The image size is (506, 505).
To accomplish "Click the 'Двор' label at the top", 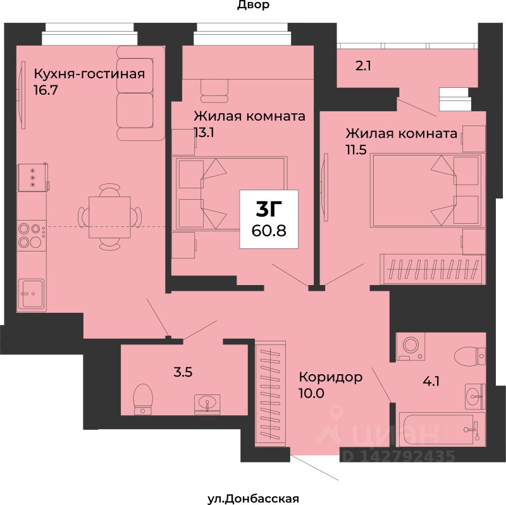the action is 254,6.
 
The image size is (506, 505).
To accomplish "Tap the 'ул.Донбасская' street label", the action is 253,499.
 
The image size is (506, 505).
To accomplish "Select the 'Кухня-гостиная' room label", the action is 89,74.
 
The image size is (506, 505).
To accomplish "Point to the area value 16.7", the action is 46,90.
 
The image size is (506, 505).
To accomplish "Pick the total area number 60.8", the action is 269,230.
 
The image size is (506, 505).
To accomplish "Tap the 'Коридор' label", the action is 330,377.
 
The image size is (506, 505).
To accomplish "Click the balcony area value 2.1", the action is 363,66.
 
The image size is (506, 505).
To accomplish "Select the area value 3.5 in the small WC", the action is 183,372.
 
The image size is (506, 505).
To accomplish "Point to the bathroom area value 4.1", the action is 431,382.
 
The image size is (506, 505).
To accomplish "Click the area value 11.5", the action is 356,150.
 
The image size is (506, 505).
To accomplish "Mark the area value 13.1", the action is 204,132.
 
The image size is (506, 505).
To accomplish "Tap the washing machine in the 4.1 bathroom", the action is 410,346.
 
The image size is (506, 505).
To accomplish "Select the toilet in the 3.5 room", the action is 143,399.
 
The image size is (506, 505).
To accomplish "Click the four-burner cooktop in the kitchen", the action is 31,235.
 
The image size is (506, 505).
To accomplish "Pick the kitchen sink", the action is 31,293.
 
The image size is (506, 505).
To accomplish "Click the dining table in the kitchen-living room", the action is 109,217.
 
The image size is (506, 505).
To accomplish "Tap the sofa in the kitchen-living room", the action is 140,93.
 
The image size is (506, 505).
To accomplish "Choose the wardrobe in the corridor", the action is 271,394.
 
